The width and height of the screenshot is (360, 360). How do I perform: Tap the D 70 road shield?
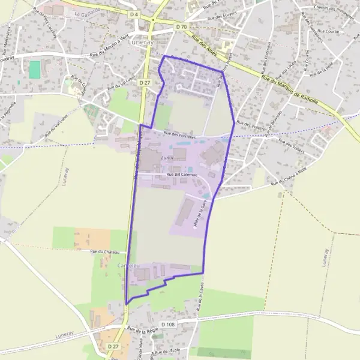tap(181, 27)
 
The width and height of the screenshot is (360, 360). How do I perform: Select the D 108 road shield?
tap(170, 325)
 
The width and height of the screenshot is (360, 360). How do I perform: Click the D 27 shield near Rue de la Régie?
tap(114, 347)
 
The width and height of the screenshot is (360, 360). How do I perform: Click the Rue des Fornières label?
tap(180, 134)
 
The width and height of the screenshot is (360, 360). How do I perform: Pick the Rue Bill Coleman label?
tap(181, 175)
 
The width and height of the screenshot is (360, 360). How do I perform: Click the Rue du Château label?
tap(105, 252)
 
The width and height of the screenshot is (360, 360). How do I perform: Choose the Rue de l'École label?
tap(166, 350)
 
